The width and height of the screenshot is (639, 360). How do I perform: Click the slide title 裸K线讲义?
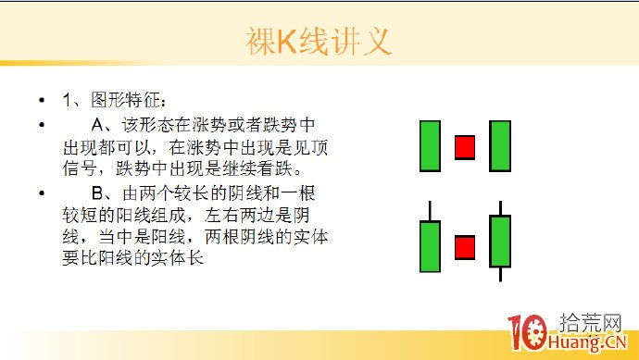[x=319, y=42]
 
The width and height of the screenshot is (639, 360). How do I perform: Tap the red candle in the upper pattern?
[x=464, y=147]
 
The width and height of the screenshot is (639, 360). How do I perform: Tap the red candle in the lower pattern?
[x=464, y=247]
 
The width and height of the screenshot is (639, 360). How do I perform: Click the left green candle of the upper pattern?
[x=430, y=145]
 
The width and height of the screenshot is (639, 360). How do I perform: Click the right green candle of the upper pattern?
[x=500, y=145]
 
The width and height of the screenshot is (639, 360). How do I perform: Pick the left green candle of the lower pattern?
[x=430, y=245]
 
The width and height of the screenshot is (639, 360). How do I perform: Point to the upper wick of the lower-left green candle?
[x=430, y=211]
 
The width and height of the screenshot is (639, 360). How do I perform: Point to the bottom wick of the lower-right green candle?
[x=500, y=273]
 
